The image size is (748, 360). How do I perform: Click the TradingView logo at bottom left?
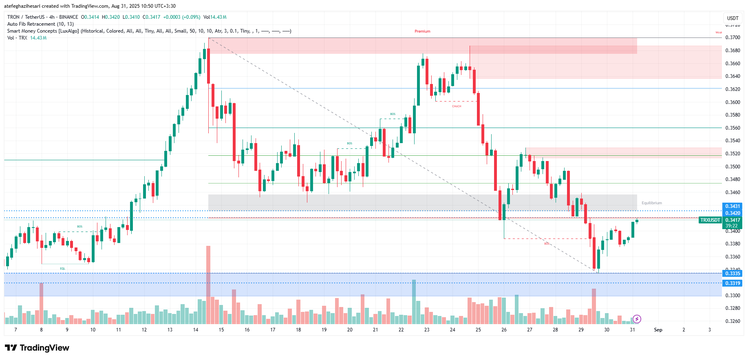(x=37, y=348)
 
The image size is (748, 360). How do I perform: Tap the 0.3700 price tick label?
(x=733, y=38)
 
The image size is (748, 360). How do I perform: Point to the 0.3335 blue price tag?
(x=732, y=274)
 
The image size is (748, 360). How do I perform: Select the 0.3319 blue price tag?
(x=732, y=283)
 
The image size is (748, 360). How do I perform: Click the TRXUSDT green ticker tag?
(x=710, y=220)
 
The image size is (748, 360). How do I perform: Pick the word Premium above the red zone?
(x=422, y=31)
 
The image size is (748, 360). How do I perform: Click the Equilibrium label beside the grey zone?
(x=651, y=203)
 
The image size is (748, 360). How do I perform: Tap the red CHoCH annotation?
(x=457, y=106)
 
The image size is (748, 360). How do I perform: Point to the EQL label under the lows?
(x=62, y=269)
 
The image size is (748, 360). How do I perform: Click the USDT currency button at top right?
(x=733, y=18)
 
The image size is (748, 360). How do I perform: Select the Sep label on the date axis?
(x=658, y=330)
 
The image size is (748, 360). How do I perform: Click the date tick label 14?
(x=196, y=330)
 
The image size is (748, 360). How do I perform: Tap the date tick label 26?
(x=504, y=330)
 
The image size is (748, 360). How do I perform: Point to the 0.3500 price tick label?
(x=733, y=167)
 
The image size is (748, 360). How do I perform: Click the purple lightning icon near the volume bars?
(x=637, y=319)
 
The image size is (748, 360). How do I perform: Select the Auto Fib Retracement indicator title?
(x=40, y=24)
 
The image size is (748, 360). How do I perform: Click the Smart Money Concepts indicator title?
(x=43, y=31)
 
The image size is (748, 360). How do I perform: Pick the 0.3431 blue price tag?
(x=732, y=206)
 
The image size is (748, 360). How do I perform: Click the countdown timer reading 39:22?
(x=732, y=226)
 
